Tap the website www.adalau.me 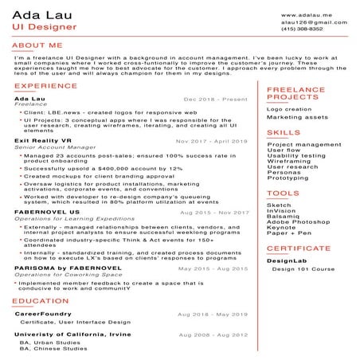pos(307,15)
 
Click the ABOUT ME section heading pos(37,46)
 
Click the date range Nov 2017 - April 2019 pos(212,140)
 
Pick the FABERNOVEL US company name pos(47,212)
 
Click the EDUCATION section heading pos(41,301)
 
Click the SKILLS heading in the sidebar pos(284,132)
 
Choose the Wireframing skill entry pos(289,160)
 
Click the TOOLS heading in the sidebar pos(284,193)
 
